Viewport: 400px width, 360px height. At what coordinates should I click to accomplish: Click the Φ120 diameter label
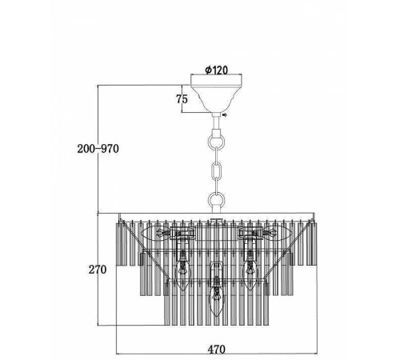point(217,70)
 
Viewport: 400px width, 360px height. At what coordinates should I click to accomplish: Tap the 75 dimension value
point(182,99)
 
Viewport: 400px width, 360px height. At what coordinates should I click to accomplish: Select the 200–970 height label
point(98,149)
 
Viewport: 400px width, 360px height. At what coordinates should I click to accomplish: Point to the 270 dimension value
point(98,270)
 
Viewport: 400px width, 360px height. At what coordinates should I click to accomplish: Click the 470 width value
point(217,349)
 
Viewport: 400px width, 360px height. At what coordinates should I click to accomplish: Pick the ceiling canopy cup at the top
point(216,94)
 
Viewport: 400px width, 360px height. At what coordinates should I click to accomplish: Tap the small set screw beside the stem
point(225,115)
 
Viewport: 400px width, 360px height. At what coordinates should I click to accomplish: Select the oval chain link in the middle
point(216,171)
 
